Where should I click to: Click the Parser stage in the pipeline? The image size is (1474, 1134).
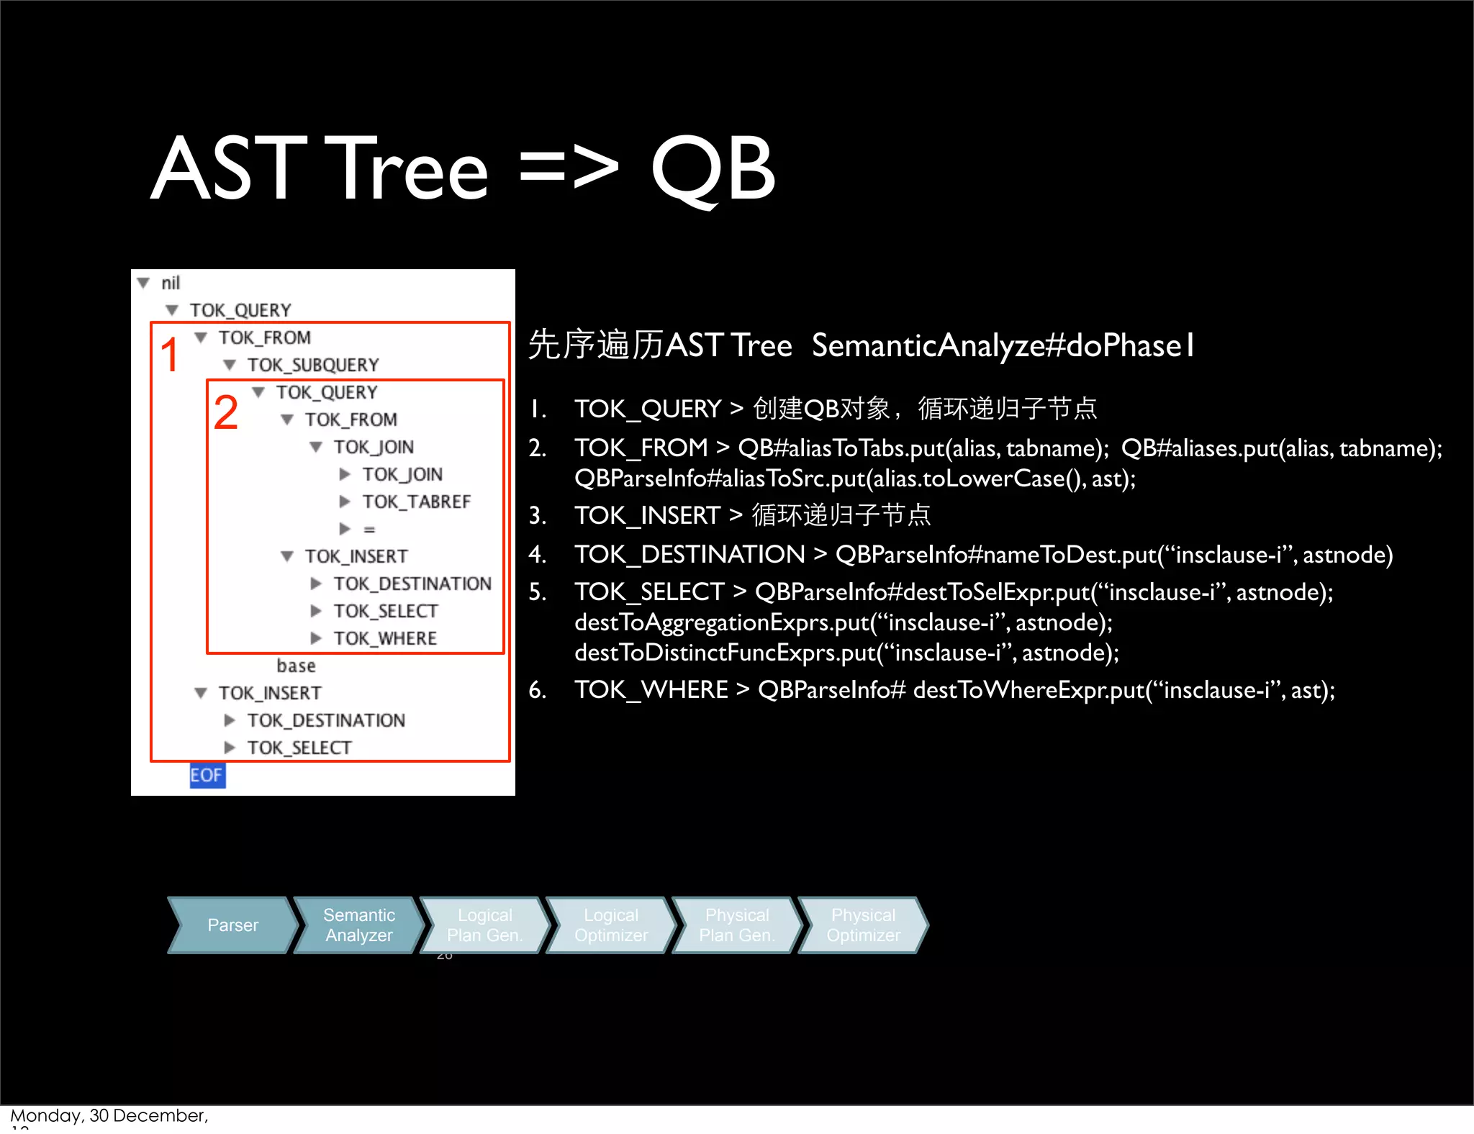point(232,925)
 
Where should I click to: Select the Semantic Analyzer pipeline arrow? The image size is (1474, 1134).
point(358,925)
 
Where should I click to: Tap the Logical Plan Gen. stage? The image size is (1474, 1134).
point(484,925)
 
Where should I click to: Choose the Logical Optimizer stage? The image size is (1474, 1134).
point(610,925)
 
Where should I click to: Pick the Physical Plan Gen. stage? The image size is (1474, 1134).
point(736,925)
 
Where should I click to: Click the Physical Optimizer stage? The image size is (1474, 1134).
point(863,925)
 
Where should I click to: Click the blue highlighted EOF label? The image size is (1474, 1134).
point(207,775)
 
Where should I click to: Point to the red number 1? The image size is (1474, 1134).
point(169,355)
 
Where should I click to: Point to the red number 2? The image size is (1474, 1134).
point(225,413)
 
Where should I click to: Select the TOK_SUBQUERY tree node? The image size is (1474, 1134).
point(312,366)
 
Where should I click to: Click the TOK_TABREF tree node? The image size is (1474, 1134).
point(416,502)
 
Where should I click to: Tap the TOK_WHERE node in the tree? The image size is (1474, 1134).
point(385,638)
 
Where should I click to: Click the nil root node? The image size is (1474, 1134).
point(171,283)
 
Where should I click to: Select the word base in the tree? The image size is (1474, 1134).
point(296,666)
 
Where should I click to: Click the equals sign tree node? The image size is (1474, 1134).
point(369,530)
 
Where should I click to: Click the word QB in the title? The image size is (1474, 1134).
point(713,169)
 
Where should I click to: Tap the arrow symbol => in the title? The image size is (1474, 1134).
point(569,169)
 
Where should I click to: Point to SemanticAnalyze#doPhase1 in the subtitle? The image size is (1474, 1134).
point(1003,345)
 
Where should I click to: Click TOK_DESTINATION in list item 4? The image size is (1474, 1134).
point(689,555)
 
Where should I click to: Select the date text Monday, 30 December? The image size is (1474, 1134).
point(109,1115)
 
